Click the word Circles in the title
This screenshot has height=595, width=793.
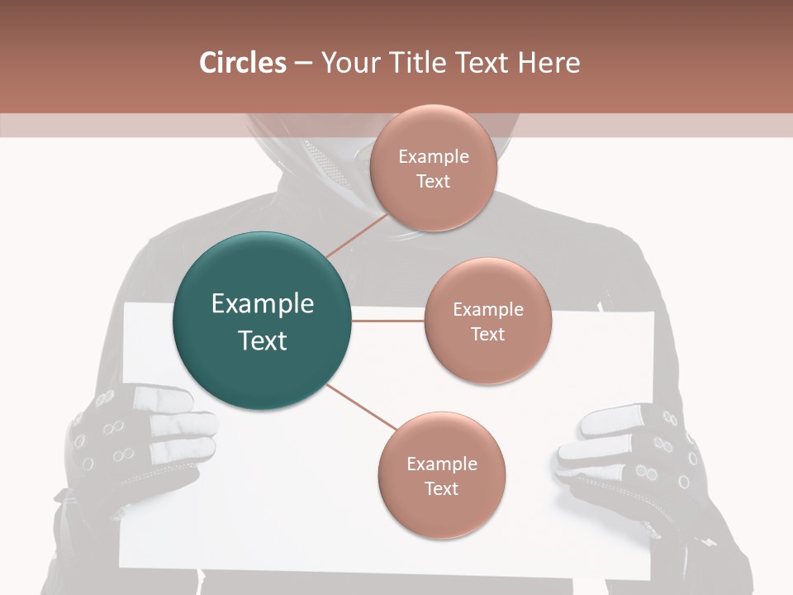coord(242,63)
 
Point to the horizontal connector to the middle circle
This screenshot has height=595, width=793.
coord(387,321)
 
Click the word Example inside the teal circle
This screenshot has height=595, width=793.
coord(262,304)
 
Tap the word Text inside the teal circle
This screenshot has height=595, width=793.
coord(262,340)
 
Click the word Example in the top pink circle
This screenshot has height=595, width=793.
coord(433,157)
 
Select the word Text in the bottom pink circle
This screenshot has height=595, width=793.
coord(441,488)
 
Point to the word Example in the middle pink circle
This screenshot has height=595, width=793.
coord(487,310)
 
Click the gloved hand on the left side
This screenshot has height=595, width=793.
coord(136,438)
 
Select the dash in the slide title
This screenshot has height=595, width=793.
coord(303,64)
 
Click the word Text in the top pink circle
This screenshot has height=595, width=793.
coord(433,182)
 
